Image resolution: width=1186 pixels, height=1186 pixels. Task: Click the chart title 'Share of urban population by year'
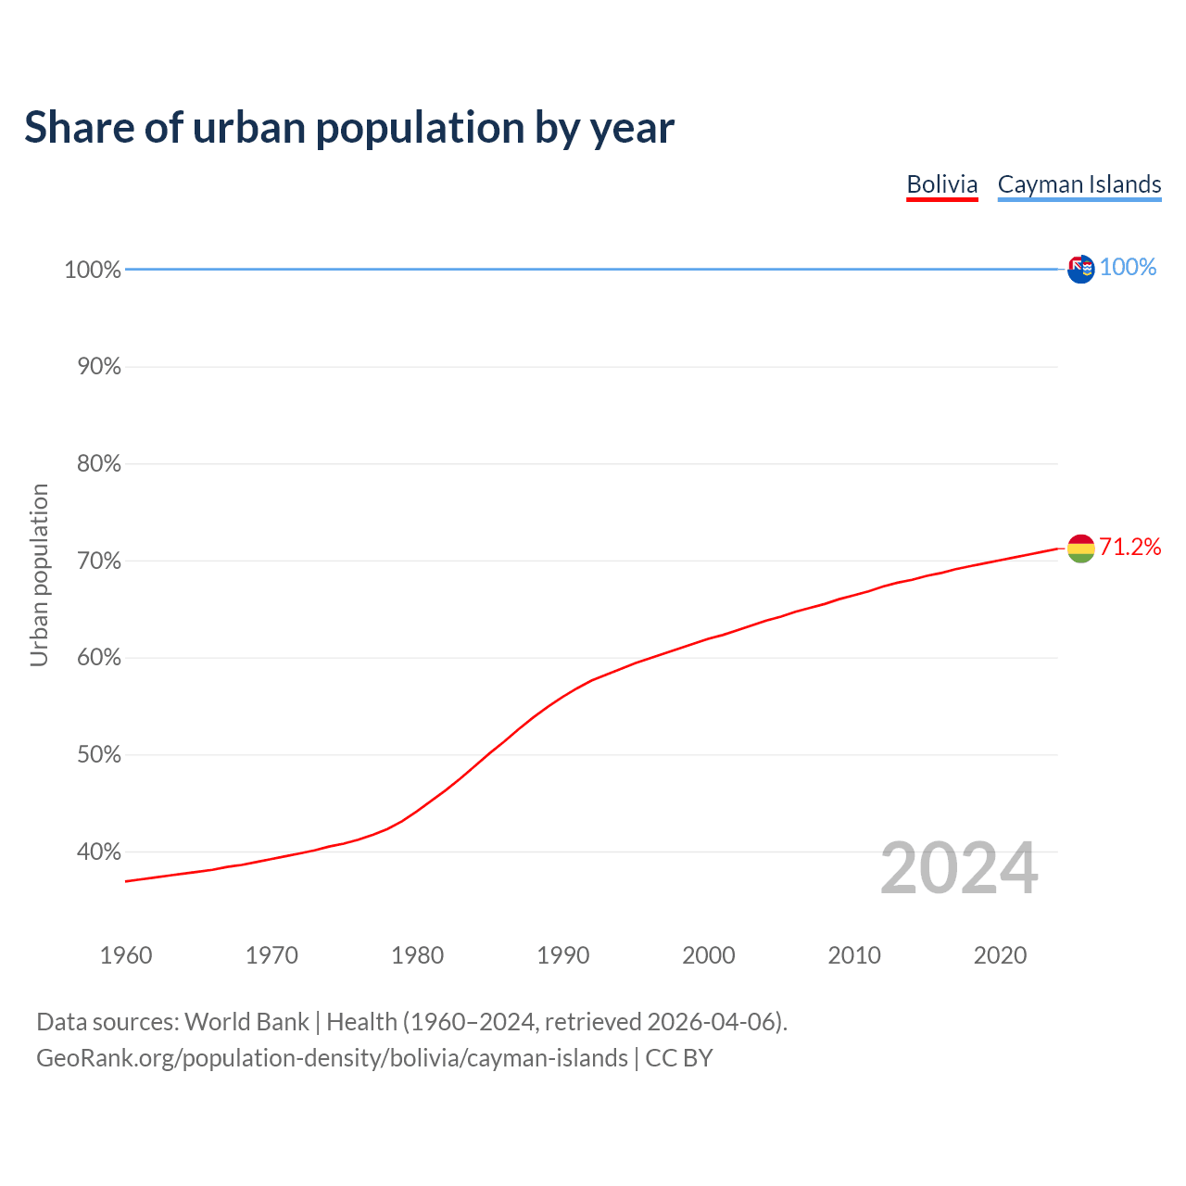[349, 128]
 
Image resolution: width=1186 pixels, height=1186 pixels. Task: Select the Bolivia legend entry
[941, 184]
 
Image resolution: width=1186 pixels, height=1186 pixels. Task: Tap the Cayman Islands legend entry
[1079, 184]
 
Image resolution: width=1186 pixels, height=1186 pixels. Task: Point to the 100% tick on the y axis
[93, 270]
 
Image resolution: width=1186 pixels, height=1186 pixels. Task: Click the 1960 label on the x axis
[126, 955]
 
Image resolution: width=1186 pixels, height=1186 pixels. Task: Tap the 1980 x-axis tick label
[417, 955]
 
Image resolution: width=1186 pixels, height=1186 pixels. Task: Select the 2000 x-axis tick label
[709, 955]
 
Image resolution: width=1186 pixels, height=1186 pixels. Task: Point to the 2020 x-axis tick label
[1000, 955]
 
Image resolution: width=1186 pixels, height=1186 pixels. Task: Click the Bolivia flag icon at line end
[1080, 549]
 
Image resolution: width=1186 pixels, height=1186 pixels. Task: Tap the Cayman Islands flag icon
[1080, 269]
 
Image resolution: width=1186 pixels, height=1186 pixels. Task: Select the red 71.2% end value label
[1129, 548]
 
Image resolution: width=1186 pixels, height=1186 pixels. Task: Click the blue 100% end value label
[1128, 268]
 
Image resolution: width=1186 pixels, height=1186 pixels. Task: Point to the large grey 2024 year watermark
[959, 868]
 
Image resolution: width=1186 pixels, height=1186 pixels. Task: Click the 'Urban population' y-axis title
[39, 574]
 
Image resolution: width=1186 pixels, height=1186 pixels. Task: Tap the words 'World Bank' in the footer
[246, 1022]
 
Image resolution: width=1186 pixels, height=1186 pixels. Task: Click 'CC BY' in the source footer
[679, 1058]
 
